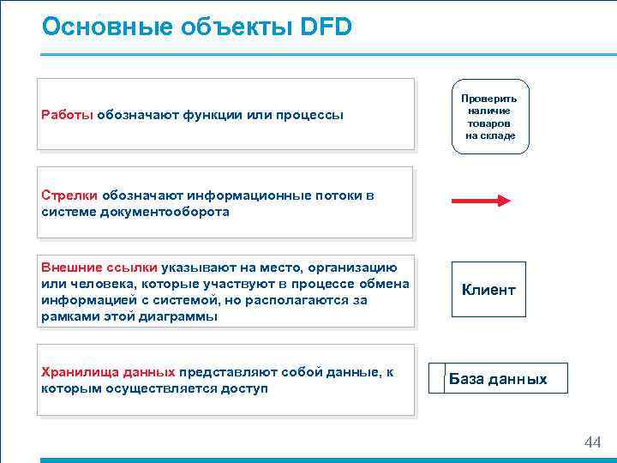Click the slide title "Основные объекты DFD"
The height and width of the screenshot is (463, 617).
coord(196,27)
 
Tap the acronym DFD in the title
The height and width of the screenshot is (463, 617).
coord(326,27)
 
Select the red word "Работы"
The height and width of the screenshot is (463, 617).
coord(67,115)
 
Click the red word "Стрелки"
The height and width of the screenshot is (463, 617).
coord(69,195)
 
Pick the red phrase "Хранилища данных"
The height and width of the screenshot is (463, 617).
coord(108,372)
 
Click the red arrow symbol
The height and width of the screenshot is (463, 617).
coord(480,201)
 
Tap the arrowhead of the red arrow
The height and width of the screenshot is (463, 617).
coord(504,201)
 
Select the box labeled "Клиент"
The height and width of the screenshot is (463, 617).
coord(488,290)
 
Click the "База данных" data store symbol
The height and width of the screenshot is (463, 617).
coord(498,379)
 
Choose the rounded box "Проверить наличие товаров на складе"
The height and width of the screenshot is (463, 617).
coord(490,117)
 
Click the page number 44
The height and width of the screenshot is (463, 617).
coord(592,442)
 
